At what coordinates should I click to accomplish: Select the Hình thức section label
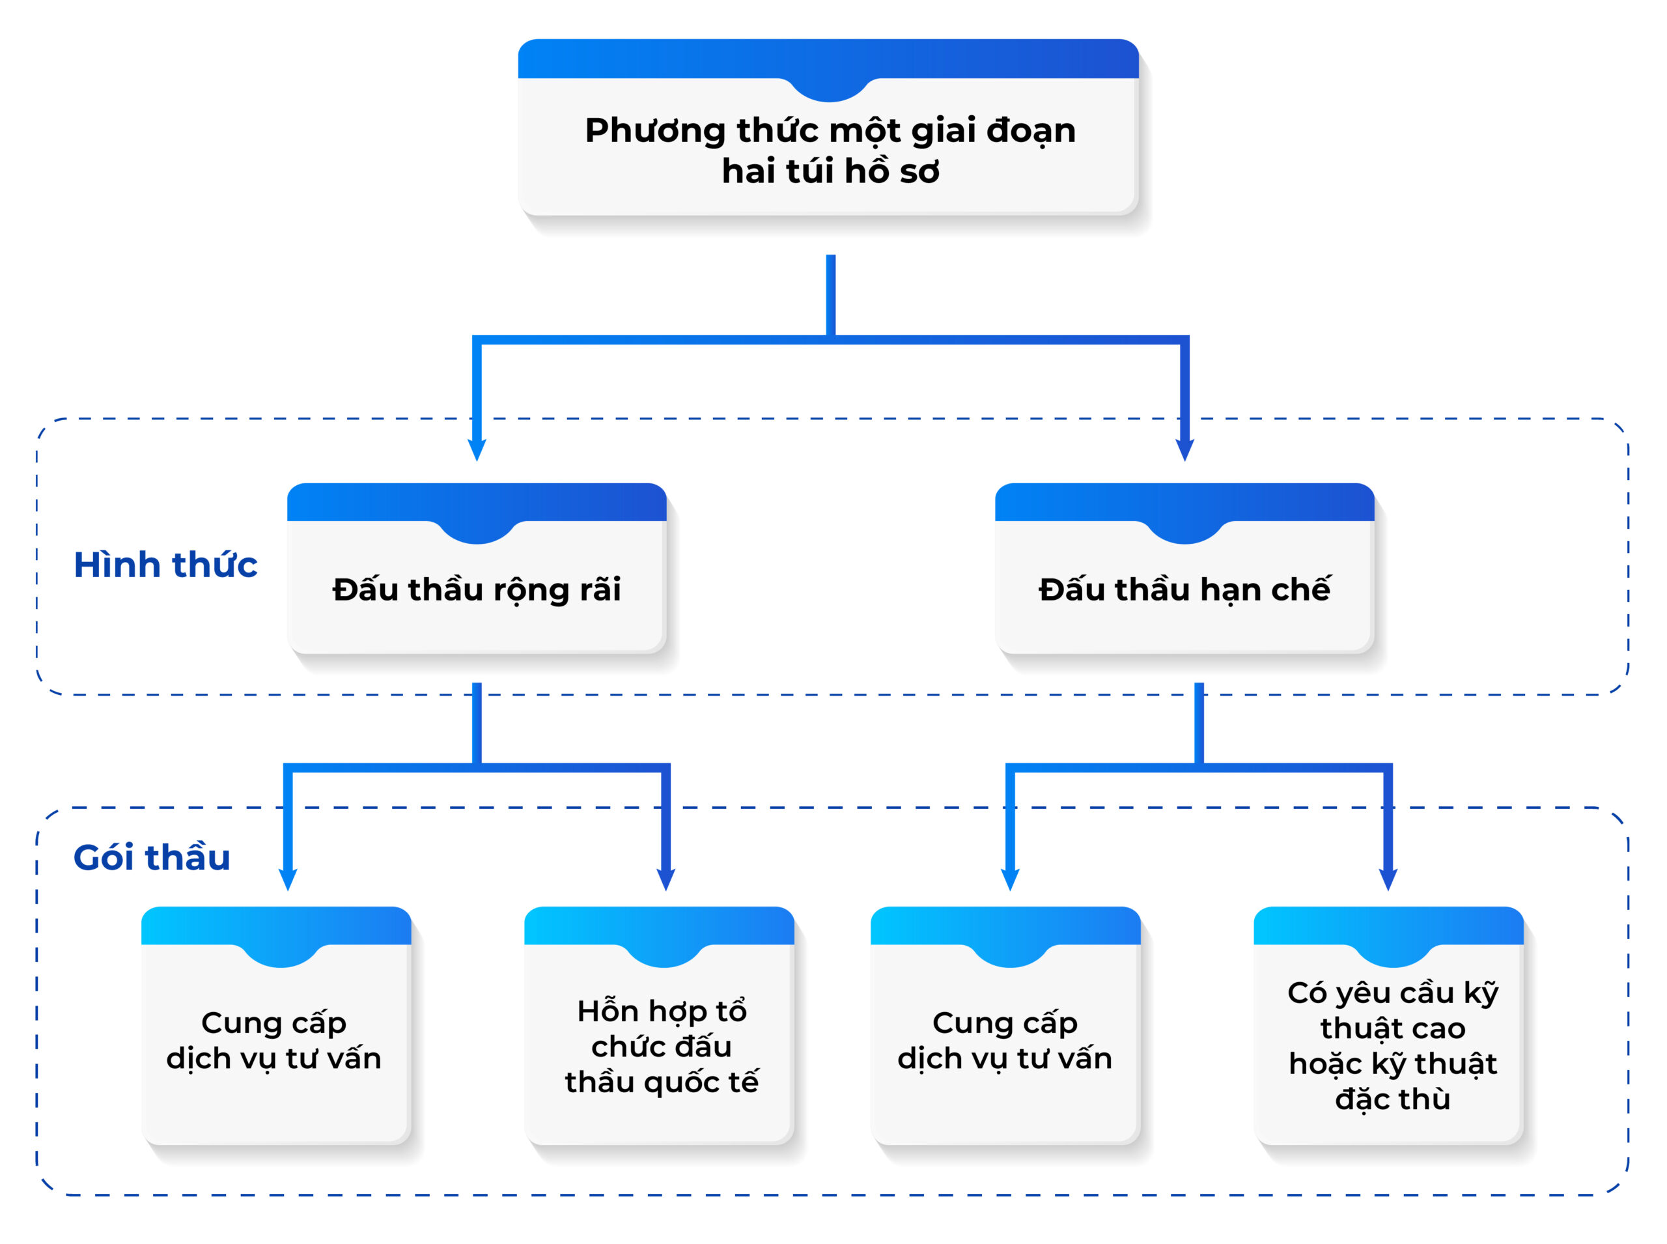[x=165, y=564]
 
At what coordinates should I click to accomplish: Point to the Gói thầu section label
[x=151, y=857]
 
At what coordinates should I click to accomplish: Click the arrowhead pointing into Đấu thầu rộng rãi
[x=477, y=449]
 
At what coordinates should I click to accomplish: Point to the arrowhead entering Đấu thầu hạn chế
[x=1184, y=449]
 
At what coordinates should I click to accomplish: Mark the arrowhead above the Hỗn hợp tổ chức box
[x=665, y=879]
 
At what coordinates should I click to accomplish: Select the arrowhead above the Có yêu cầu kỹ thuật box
[x=1388, y=879]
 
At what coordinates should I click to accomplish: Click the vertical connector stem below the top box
[x=830, y=295]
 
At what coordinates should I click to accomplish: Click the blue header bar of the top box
[x=828, y=59]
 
